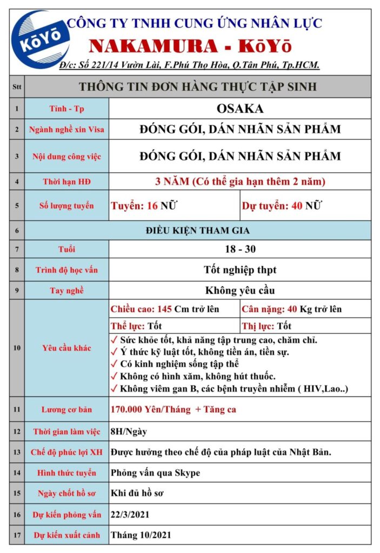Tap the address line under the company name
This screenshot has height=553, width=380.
[x=189, y=65]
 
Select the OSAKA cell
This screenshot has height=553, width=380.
[x=240, y=109]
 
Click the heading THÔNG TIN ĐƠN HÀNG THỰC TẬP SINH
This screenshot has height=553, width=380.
[x=198, y=86]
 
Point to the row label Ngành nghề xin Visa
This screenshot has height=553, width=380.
[x=67, y=130]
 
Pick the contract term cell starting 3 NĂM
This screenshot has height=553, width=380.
[x=240, y=181]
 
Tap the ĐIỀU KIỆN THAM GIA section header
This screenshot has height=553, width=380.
[x=198, y=231]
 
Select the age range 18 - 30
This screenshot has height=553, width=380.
[x=240, y=249]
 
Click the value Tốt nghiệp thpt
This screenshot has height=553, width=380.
[x=240, y=269]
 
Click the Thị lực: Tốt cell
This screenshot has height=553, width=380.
[x=267, y=326]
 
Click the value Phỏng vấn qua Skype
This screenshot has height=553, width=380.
[x=155, y=473]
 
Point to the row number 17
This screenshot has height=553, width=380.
[x=17, y=535]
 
